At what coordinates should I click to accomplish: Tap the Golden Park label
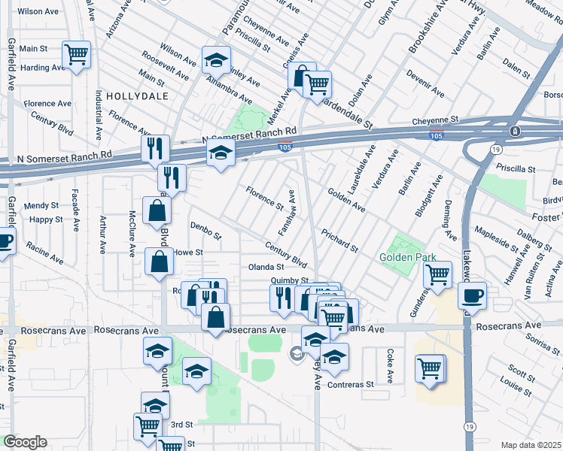point(409,257)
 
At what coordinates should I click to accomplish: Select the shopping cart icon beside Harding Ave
point(76,55)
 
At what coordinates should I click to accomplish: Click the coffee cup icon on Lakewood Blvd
point(472,295)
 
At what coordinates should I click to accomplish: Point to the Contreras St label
point(351,384)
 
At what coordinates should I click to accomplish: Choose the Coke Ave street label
point(390,363)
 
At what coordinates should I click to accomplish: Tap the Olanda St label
point(266,267)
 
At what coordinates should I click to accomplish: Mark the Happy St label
point(47,219)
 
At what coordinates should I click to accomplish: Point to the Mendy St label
point(41,205)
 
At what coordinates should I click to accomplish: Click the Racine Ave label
point(44,246)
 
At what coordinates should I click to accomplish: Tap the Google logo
point(25,442)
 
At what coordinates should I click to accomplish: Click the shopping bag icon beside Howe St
point(160,263)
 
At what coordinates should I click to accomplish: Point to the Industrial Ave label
point(99,116)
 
